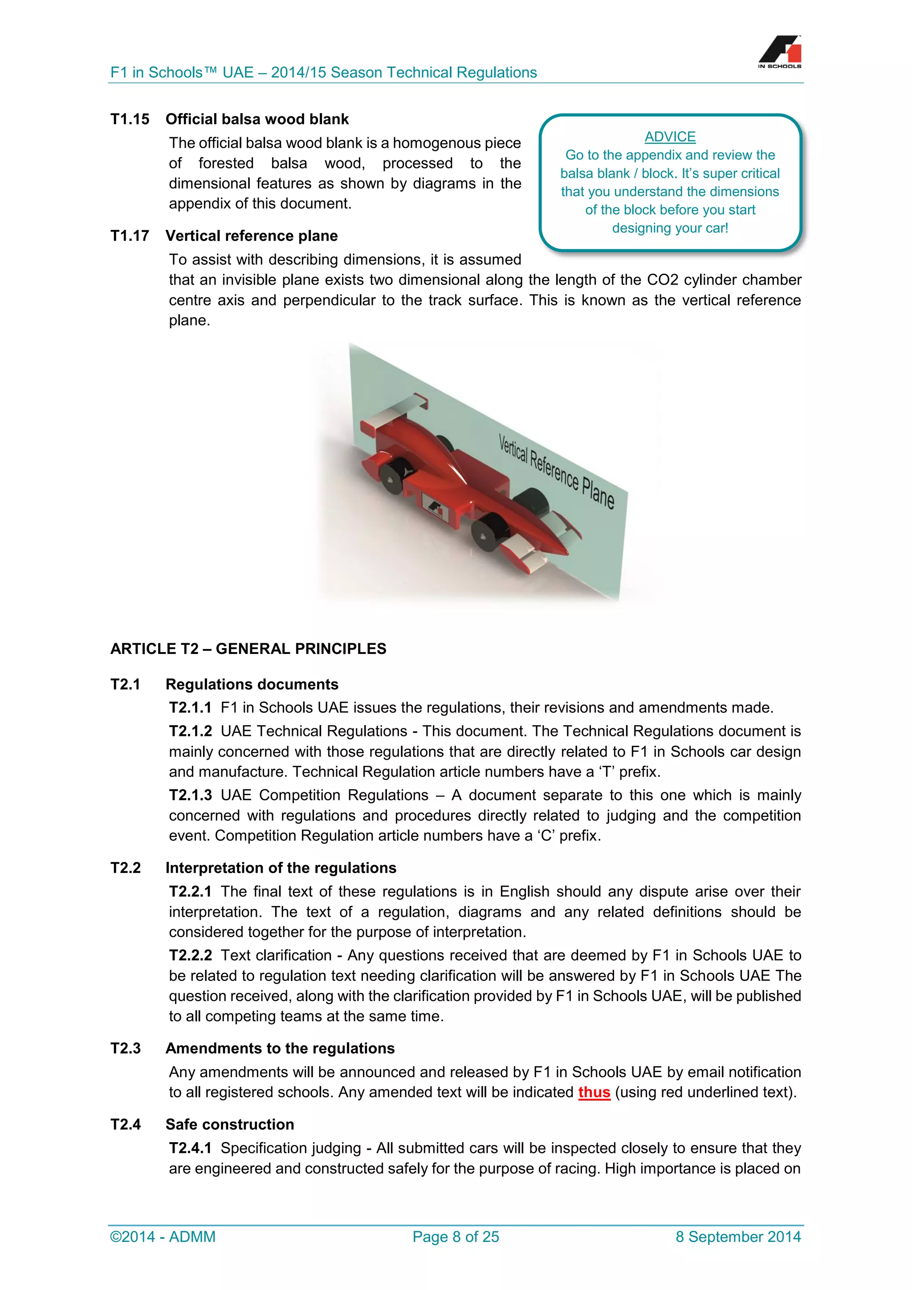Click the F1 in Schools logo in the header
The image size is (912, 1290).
[x=779, y=52]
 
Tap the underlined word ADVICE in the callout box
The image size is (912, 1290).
[x=670, y=137]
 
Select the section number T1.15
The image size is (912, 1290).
[x=130, y=119]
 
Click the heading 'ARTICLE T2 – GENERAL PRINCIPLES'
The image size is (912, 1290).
[x=248, y=649]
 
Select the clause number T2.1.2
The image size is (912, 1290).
[x=191, y=731]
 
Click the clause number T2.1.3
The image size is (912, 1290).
[x=191, y=795]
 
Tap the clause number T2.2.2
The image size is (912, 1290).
[x=191, y=955]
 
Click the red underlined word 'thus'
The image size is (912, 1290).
[x=594, y=1092]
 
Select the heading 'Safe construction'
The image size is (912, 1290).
[x=230, y=1124]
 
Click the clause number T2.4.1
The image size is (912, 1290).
[x=191, y=1148]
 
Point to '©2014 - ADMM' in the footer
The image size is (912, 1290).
[x=163, y=1237]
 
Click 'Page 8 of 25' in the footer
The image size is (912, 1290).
[x=456, y=1237]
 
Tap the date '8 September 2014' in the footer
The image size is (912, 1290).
[x=738, y=1237]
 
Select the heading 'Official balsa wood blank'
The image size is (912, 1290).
[x=256, y=119]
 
